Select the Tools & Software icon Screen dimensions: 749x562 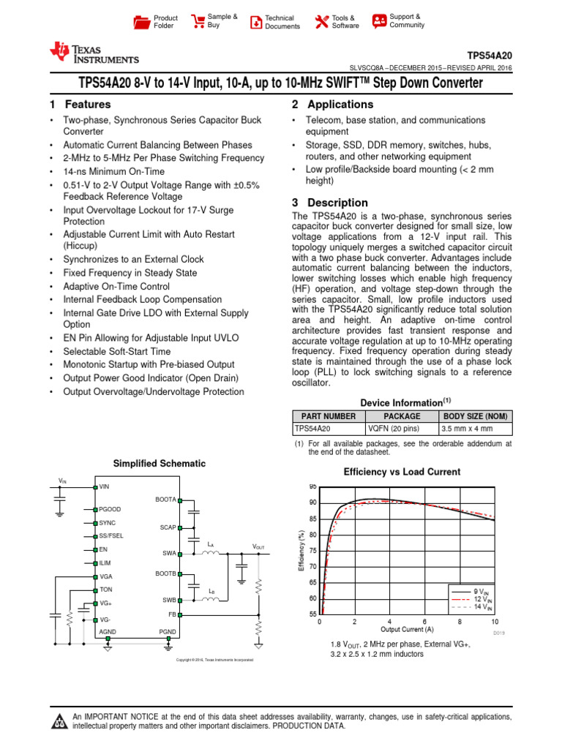(x=321, y=22)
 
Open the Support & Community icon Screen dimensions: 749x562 (x=379, y=21)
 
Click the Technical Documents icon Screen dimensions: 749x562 (x=255, y=22)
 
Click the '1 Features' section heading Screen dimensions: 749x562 (x=80, y=105)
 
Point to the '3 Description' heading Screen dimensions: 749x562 (x=329, y=203)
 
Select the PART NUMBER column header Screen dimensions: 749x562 (x=329, y=416)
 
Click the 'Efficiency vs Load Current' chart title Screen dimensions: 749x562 (x=402, y=472)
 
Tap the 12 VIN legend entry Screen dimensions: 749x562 (x=472, y=598)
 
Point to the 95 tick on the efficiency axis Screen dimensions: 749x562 (x=312, y=486)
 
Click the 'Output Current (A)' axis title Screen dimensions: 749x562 (x=407, y=629)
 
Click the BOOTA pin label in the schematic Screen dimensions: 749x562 (x=166, y=499)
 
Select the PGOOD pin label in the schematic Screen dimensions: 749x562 (x=110, y=508)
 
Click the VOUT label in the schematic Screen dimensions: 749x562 (x=259, y=547)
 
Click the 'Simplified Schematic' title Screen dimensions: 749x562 (x=159, y=464)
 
